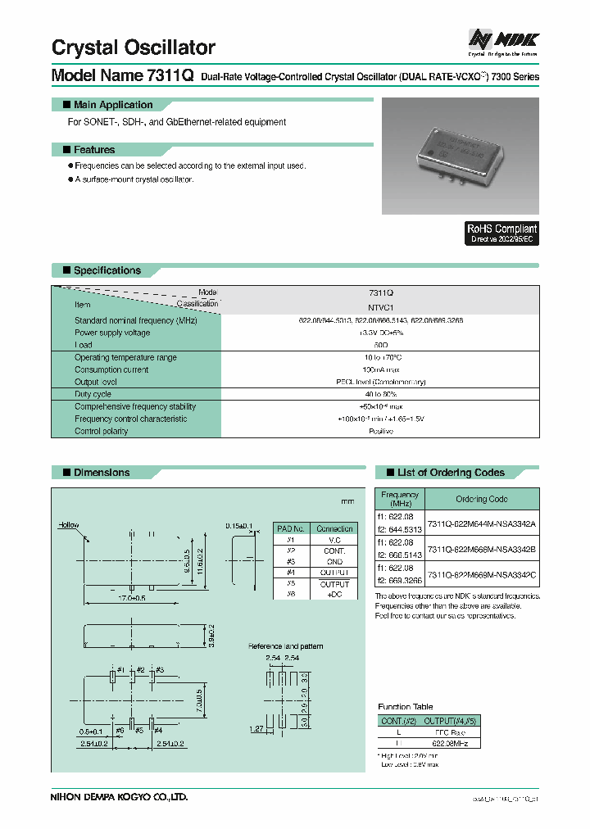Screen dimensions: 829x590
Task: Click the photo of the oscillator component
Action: click(x=461, y=155)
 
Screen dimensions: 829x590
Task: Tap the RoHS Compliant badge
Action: click(x=501, y=233)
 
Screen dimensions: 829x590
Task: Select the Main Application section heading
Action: click(x=112, y=105)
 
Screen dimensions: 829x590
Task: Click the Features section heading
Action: click(x=93, y=150)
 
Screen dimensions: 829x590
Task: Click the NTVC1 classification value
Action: click(x=381, y=307)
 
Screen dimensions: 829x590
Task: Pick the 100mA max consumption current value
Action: click(x=381, y=369)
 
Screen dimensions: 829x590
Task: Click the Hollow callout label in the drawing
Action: click(x=69, y=524)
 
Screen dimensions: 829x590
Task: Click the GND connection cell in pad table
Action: click(x=334, y=562)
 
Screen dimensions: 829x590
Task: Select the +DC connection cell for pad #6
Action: click(x=334, y=595)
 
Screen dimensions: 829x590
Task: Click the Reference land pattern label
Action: click(x=285, y=646)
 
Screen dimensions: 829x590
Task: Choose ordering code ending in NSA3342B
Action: click(x=482, y=549)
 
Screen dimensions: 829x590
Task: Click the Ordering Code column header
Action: click(x=482, y=499)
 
